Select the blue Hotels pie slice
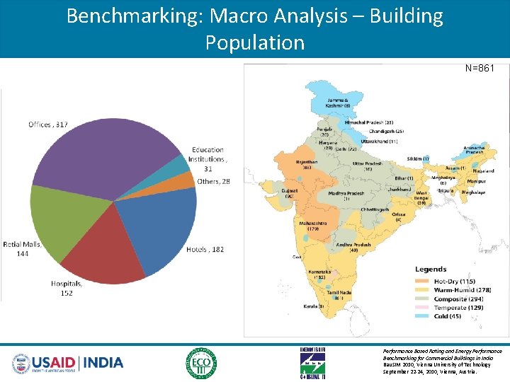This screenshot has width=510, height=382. (159, 226)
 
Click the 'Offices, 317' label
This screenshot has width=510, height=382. (48, 125)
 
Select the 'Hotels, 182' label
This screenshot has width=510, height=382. (205, 249)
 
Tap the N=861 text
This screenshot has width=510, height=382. (479, 69)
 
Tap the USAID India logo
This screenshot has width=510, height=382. (68, 363)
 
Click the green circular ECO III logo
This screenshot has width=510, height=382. (201, 363)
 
